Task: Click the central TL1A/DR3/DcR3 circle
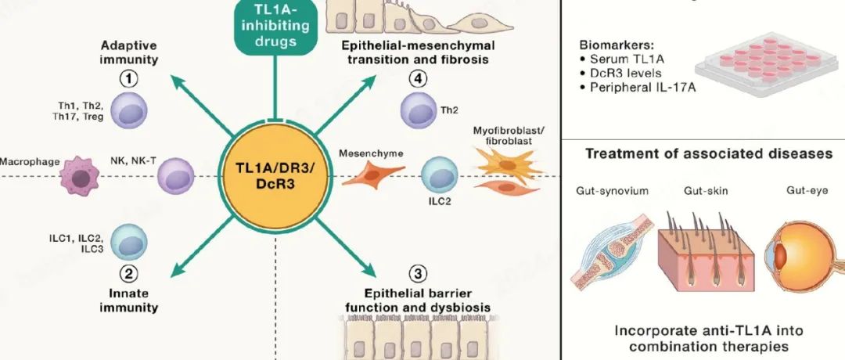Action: pyautogui.click(x=275, y=177)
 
